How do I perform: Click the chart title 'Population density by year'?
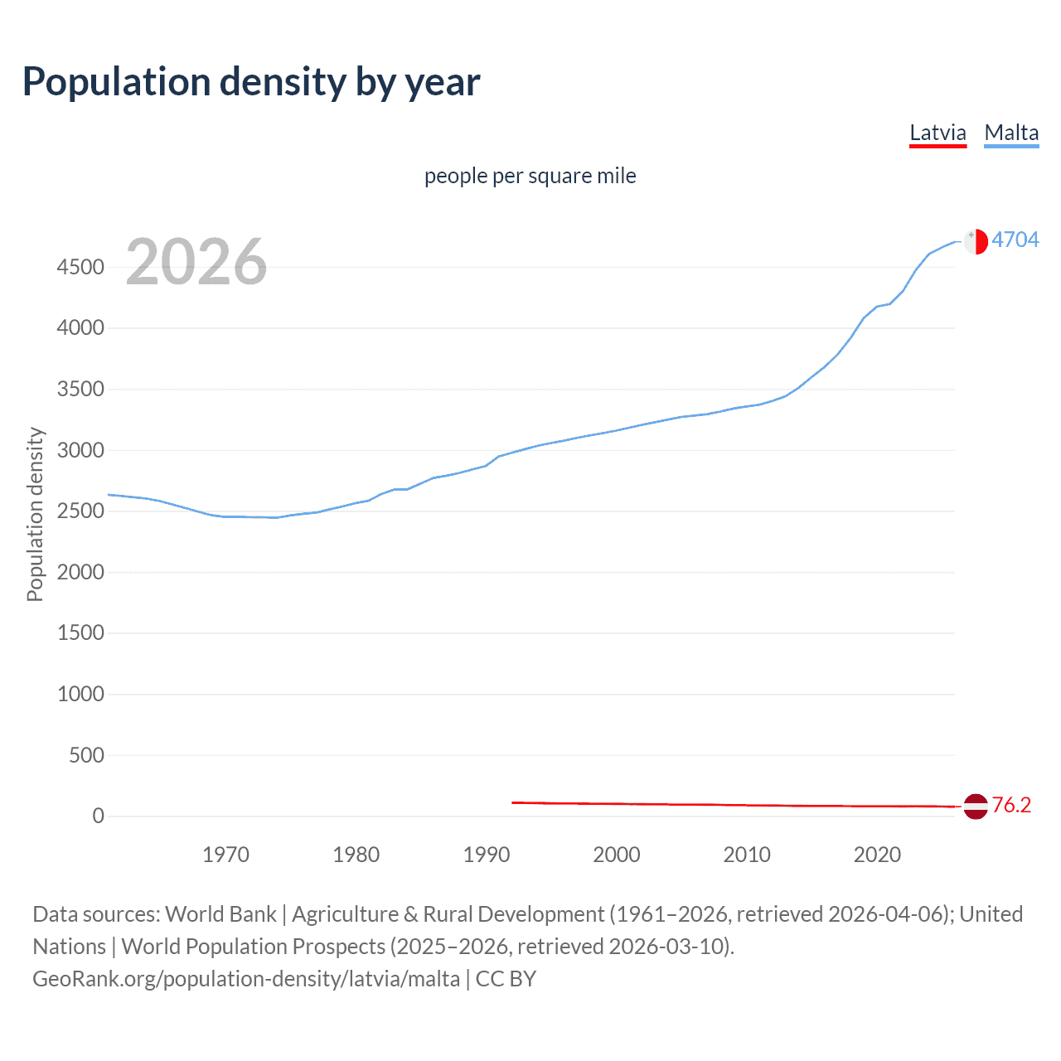click(x=251, y=82)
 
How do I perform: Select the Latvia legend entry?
click(x=937, y=133)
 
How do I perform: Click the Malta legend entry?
click(x=1011, y=133)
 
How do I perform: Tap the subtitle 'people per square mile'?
click(x=530, y=176)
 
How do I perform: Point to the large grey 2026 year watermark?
click(x=196, y=262)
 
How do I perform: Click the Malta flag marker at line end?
click(x=976, y=241)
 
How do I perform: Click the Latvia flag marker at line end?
click(x=976, y=806)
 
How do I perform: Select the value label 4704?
click(x=1015, y=240)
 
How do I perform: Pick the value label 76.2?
click(x=1011, y=805)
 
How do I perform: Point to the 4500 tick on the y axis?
click(x=80, y=267)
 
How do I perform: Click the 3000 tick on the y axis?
click(x=80, y=450)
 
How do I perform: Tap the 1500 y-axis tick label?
click(x=80, y=633)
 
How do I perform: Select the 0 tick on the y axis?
click(x=99, y=816)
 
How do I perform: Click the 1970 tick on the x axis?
click(x=225, y=855)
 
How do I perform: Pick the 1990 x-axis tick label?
click(x=487, y=855)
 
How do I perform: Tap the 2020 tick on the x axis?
click(x=877, y=855)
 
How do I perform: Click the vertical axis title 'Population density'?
click(x=35, y=514)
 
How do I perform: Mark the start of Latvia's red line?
click(x=513, y=802)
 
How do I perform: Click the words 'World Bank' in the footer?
click(x=220, y=914)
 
